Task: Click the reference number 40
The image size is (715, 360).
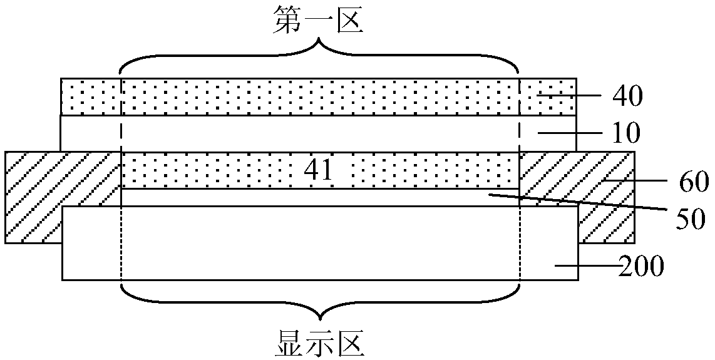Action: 627,96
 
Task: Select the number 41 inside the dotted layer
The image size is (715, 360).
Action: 319,170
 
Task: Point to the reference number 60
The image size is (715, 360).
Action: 691,184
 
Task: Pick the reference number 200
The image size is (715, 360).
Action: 640,267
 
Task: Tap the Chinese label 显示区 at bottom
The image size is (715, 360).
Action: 319,343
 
